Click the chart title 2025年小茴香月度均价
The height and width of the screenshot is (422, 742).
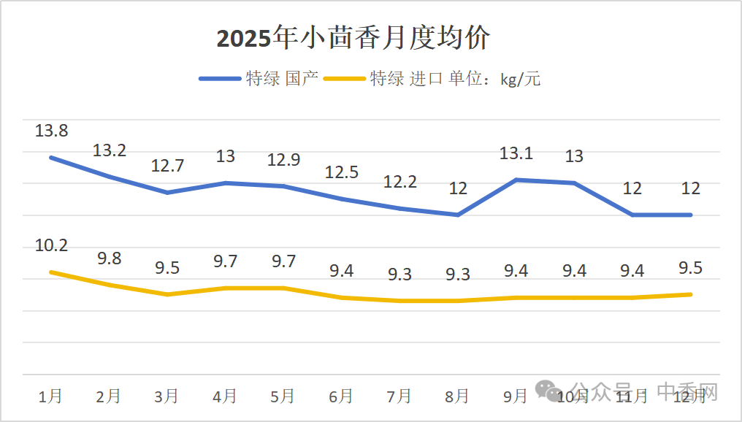[353, 39]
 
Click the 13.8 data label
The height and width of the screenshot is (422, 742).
[51, 131]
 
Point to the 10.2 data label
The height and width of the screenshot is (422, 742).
[51, 245]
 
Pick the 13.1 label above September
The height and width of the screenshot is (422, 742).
[516, 153]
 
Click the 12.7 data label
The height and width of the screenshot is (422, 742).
[167, 166]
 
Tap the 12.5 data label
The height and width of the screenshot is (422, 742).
[341, 172]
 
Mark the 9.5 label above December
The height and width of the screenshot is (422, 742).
[690, 267]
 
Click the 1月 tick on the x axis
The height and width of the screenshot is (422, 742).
[50, 396]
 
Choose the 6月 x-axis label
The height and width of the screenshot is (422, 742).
[341, 396]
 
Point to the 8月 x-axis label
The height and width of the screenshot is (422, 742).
[457, 396]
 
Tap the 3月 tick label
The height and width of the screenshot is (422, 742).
[167, 396]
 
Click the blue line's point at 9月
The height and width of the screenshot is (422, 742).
[516, 180]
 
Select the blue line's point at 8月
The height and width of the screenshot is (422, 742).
[457, 215]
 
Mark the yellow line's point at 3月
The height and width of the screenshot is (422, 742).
[167, 294]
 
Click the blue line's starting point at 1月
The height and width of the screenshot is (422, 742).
[51, 158]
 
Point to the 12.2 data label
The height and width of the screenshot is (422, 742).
[399, 183]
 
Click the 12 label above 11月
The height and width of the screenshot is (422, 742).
[632, 188]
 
